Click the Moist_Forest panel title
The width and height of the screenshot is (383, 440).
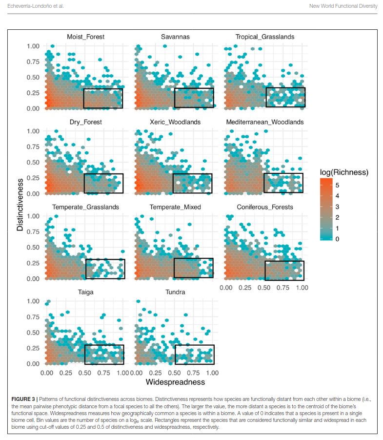point(85,37)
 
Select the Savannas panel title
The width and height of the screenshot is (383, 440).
point(175,37)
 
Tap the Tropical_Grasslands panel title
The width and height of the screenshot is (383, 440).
point(264,37)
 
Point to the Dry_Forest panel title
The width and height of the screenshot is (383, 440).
point(85,122)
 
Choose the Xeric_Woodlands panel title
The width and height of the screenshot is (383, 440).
point(175,122)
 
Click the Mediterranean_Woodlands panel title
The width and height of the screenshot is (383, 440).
point(264,122)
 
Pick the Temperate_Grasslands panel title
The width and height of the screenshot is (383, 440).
point(85,207)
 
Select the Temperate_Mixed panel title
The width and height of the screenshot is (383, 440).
point(175,207)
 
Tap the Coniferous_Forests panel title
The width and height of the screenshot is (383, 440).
point(264,207)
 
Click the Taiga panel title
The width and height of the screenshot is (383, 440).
point(85,293)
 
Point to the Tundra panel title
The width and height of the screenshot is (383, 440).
point(175,293)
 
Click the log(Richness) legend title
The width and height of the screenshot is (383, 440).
point(343,172)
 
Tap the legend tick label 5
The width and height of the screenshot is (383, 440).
point(337,186)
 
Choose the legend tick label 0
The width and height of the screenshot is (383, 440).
point(337,238)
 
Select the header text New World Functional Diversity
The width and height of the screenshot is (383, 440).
point(343,6)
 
